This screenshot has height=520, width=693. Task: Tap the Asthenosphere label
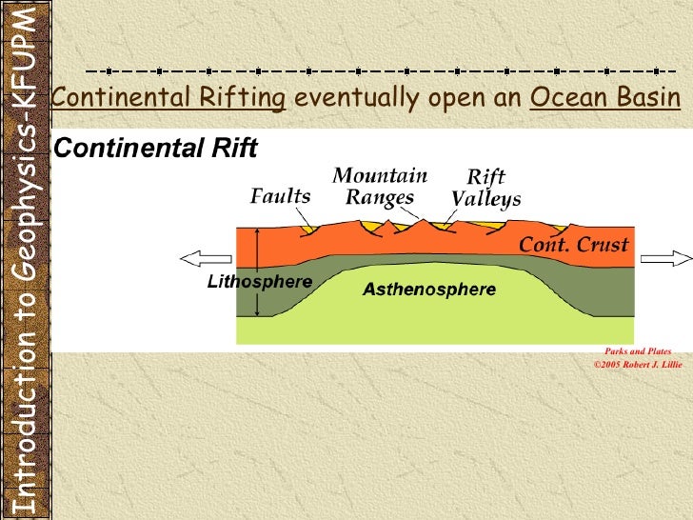tap(429, 290)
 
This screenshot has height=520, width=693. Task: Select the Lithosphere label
tap(260, 282)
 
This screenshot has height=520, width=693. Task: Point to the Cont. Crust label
tap(573, 245)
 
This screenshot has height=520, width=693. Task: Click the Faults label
tap(280, 196)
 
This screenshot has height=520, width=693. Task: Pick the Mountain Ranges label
tap(380, 187)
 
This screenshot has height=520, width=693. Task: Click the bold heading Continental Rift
tap(155, 149)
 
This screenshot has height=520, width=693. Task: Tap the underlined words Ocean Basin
tap(604, 98)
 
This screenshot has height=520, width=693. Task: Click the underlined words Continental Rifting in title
tap(168, 98)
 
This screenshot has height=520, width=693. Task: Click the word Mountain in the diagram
tap(380, 176)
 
